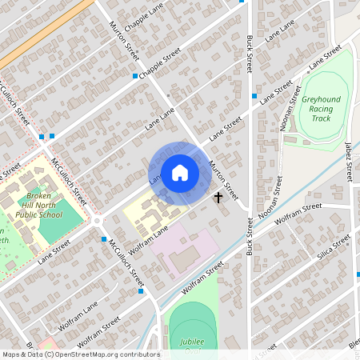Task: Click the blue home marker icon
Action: (180, 173)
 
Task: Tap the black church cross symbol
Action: (218, 196)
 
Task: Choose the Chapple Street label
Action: (160, 65)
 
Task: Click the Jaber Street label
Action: (349, 160)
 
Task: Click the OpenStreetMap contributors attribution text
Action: (80, 354)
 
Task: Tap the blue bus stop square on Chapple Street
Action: (134, 76)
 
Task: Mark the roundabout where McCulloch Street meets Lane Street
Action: (98, 221)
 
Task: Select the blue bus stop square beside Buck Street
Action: (254, 96)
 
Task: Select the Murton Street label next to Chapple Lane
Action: (124, 40)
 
